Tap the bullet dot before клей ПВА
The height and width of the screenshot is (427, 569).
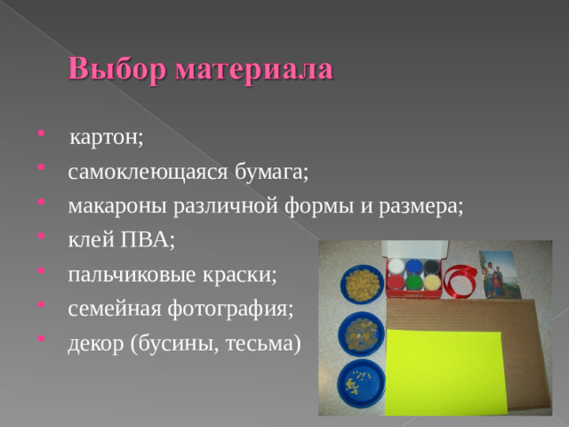[x=44, y=238]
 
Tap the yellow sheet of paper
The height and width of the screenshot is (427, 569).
[x=445, y=370]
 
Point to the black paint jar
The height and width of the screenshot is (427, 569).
[x=430, y=265]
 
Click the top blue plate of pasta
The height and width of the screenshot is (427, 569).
[x=360, y=284]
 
